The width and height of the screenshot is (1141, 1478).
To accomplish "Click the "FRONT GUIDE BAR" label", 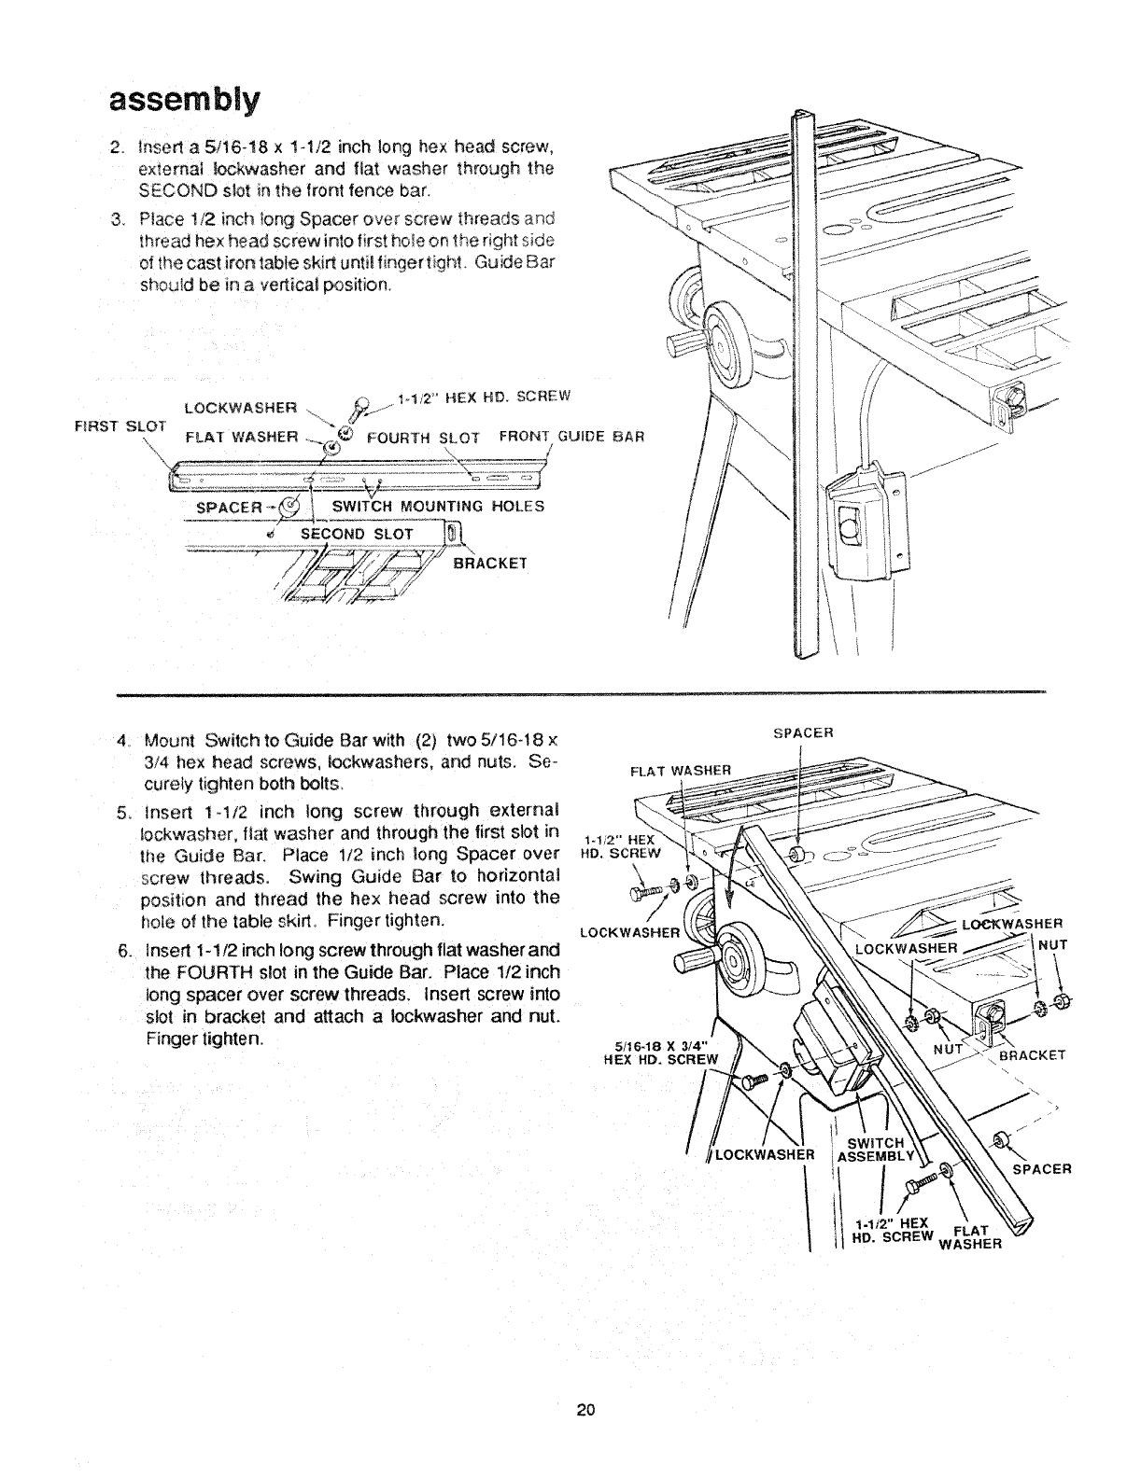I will click(573, 436).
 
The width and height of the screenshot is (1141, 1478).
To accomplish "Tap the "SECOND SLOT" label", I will click(356, 533).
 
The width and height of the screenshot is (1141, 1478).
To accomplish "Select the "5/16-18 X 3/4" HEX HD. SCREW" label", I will click(661, 1052).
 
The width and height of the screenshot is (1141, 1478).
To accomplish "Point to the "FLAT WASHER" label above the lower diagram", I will click(679, 771).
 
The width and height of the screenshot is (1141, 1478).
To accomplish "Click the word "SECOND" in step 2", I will click(176, 192).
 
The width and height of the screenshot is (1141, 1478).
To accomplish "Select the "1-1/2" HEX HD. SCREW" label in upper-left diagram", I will click(484, 396).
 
